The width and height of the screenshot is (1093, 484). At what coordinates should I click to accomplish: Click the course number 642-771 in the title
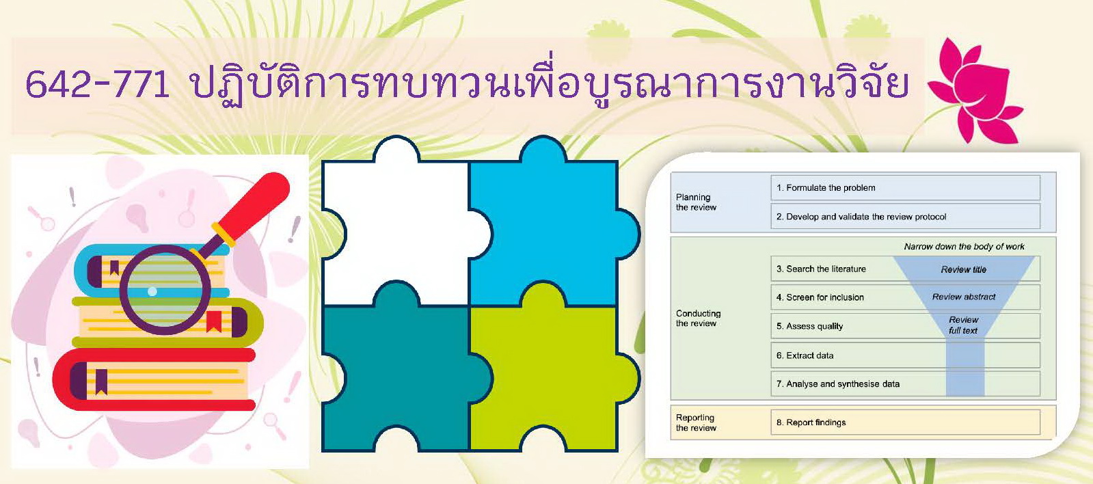tap(97, 84)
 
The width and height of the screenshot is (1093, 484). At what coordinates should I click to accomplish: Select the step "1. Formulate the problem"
tap(826, 188)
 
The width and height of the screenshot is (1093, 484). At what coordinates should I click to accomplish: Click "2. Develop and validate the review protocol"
tap(861, 217)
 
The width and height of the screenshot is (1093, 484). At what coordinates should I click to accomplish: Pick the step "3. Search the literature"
tap(821, 269)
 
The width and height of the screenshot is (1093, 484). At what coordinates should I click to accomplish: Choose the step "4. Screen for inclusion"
tap(820, 297)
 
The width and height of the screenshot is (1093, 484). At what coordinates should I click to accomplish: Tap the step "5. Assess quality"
tap(809, 326)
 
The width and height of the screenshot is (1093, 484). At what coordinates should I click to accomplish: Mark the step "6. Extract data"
tap(805, 355)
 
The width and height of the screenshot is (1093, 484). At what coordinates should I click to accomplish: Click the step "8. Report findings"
tap(811, 422)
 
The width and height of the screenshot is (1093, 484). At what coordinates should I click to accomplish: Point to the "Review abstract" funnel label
tap(964, 297)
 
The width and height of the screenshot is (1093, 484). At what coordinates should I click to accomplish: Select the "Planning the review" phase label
tap(696, 202)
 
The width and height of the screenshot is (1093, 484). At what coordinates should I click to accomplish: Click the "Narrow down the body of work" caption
tap(964, 246)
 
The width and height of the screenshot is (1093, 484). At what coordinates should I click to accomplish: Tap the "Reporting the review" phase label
tap(696, 422)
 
